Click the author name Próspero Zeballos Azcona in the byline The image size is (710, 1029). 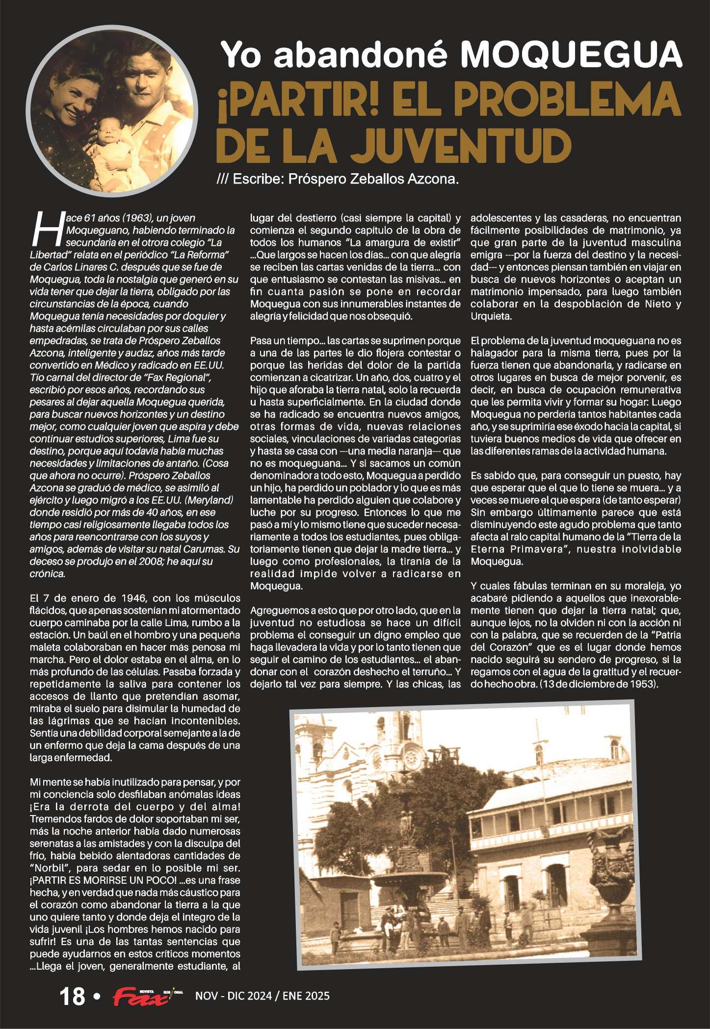click(x=373, y=179)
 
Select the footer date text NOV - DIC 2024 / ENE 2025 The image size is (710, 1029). click(x=263, y=996)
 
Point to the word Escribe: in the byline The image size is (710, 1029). click(x=259, y=179)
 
